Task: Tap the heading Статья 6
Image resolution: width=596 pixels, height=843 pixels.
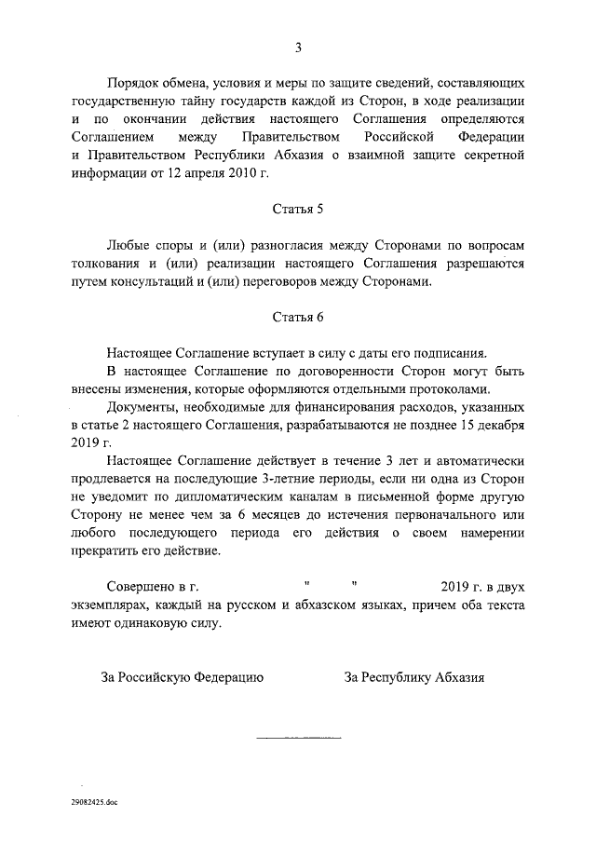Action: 298,316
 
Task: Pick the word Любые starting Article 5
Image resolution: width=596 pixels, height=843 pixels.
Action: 130,244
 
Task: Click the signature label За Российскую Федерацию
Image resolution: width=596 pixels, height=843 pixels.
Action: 182,677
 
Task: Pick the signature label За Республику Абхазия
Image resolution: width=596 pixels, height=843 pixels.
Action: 414,677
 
